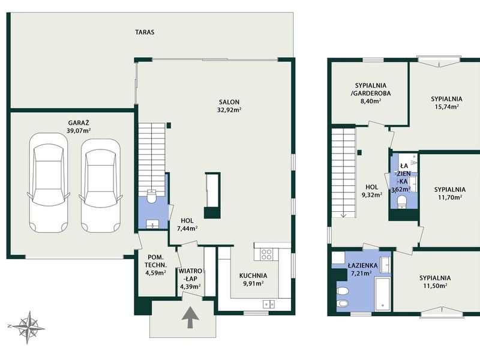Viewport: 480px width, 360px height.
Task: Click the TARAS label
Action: tap(145, 32)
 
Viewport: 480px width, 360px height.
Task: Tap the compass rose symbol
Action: tap(28, 328)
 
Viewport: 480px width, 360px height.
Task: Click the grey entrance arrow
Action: tap(190, 317)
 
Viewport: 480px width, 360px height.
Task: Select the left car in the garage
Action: tap(49, 183)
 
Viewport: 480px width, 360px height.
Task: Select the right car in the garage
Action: tap(101, 186)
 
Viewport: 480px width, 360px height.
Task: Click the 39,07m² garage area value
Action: tap(79, 131)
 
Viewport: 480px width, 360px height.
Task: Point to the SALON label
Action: tap(229, 102)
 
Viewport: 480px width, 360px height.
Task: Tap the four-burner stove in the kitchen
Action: tap(266, 254)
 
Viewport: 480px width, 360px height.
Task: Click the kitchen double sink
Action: tap(269, 304)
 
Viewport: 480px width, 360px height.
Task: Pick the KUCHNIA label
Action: tap(253, 276)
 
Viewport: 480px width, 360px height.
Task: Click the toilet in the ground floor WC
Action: tap(152, 196)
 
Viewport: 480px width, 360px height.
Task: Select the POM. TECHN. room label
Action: tap(156, 261)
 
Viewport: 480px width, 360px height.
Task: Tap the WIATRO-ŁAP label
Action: tap(190, 275)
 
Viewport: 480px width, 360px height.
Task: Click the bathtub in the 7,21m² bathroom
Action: tap(382, 294)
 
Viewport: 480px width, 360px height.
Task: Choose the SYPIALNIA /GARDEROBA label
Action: tap(371, 89)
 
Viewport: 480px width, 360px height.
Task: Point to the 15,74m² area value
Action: tap(446, 107)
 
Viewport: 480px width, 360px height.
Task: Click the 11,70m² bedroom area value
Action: tap(449, 197)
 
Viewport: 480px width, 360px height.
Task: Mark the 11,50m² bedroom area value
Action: tap(435, 286)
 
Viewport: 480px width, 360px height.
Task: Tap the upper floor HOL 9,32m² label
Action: tap(372, 191)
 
